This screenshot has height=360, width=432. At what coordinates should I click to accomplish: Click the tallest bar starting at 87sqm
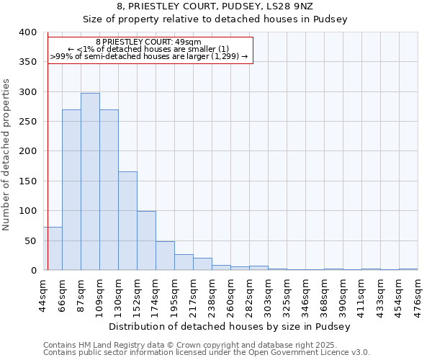[x=90, y=181]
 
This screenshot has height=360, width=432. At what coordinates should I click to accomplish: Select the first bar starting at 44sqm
[x=53, y=248]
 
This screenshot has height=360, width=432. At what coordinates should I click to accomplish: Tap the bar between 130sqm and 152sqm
[x=127, y=220]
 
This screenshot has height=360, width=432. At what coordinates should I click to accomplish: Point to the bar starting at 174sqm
[x=165, y=256]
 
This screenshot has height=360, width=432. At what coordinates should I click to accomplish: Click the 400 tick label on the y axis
[x=27, y=32]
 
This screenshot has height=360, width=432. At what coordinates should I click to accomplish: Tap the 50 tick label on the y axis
[x=30, y=240]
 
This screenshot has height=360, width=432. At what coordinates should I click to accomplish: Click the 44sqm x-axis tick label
[x=44, y=294]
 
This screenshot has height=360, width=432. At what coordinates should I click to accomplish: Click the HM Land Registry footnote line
[x=185, y=345]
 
